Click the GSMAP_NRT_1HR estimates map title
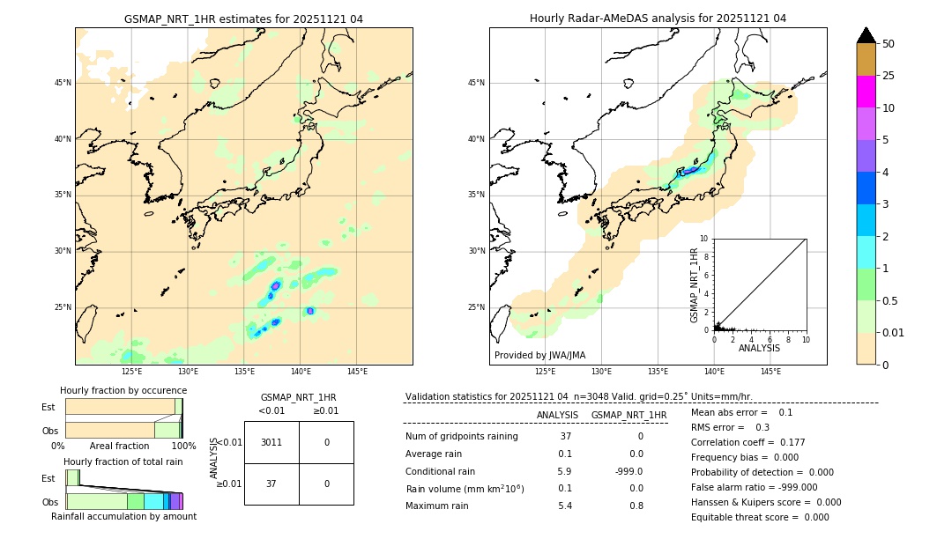coord(243,18)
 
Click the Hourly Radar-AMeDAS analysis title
coord(658,18)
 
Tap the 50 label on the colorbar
coord(889,44)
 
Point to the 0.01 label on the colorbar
coord(894,332)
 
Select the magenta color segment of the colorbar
coord(866,92)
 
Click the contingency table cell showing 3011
coord(271,442)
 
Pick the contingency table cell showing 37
coord(271,484)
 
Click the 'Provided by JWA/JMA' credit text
coord(539,356)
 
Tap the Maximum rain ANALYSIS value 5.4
coord(565,506)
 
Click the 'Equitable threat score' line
coord(760,517)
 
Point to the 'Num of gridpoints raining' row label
coord(462,437)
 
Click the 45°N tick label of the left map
coord(63,83)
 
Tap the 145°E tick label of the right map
coord(770,372)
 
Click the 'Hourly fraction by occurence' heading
coord(123,390)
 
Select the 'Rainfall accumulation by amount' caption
coord(123,516)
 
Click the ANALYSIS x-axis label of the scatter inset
coord(760,349)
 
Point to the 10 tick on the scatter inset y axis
coord(704,239)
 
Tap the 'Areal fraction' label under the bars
coord(119,446)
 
